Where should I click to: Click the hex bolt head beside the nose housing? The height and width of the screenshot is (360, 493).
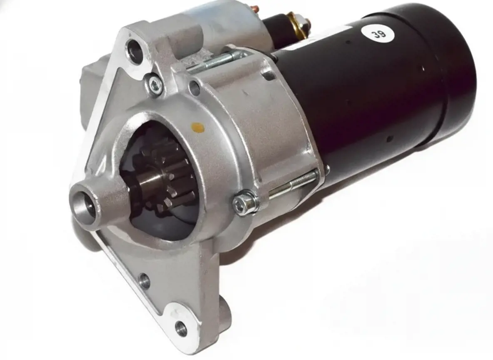pos(244,202)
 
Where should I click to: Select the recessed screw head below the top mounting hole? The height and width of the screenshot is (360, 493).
pos(155,84)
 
